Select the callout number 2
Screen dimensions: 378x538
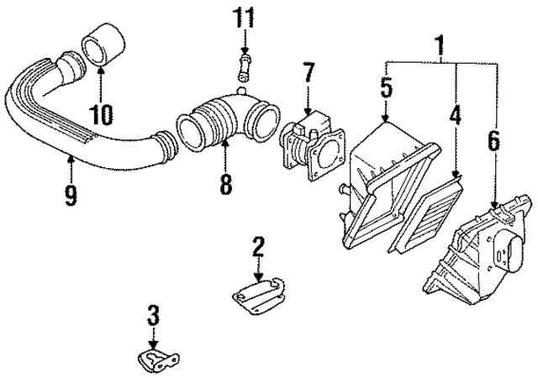click(x=258, y=246)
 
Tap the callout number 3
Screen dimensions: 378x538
click(x=152, y=317)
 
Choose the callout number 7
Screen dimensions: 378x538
click(x=309, y=73)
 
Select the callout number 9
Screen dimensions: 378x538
click(x=71, y=195)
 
